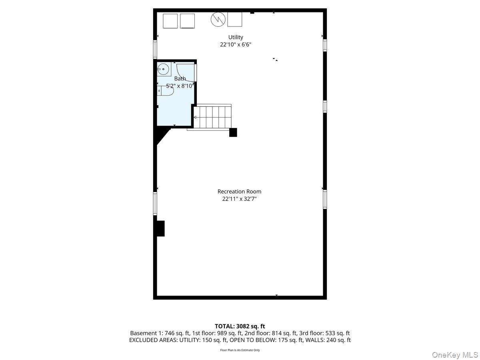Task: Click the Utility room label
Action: click(235, 37)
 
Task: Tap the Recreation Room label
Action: click(239, 192)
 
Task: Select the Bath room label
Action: click(180, 78)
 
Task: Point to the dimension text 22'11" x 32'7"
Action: click(239, 199)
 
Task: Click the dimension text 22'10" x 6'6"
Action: click(236, 44)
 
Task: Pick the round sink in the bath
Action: click(163, 69)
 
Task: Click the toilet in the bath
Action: click(165, 90)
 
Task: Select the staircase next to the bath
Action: click(212, 117)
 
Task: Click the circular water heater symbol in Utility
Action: click(218, 19)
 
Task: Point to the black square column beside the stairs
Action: click(233, 132)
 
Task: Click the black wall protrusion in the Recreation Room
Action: click(160, 228)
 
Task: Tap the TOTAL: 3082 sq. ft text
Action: click(240, 326)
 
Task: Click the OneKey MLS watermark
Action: click(455, 354)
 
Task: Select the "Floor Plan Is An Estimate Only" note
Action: click(240, 350)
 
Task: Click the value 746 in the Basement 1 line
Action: click(170, 333)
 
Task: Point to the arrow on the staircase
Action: click(195, 118)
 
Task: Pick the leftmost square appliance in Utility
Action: click(170, 21)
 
